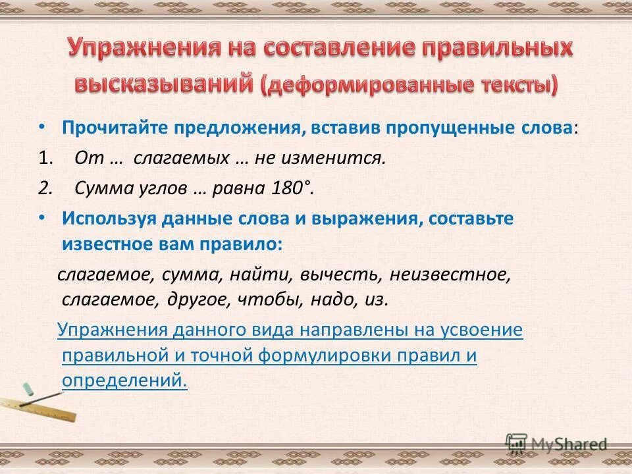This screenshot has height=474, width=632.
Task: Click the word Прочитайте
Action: (x=115, y=128)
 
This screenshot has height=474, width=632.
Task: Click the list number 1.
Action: (x=44, y=158)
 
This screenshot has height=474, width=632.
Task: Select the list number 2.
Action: (x=44, y=188)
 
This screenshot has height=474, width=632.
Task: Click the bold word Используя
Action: (x=107, y=219)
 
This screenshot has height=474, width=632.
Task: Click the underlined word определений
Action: (x=124, y=380)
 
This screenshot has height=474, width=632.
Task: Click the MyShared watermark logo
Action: (x=556, y=444)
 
